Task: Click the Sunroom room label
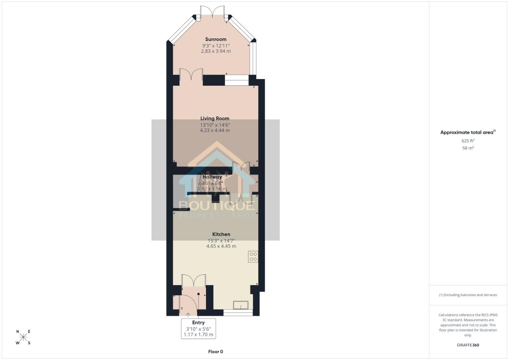point(216,39)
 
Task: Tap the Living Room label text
point(215,118)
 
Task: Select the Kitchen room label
point(221,234)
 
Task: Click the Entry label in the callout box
point(198,322)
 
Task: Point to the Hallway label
point(212,177)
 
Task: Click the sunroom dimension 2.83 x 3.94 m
point(216,51)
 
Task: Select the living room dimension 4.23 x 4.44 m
point(215,130)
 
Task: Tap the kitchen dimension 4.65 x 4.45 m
point(221,246)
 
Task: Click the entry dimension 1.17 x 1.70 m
point(198,334)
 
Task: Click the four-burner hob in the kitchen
point(253,257)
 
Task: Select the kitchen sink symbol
point(241,305)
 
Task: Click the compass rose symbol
point(23,337)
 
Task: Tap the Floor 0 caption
point(215,352)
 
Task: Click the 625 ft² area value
point(468,141)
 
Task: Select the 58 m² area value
point(468,148)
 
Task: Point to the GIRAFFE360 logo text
point(468,345)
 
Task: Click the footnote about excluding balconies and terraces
point(468,295)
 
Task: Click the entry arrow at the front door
point(188,314)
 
